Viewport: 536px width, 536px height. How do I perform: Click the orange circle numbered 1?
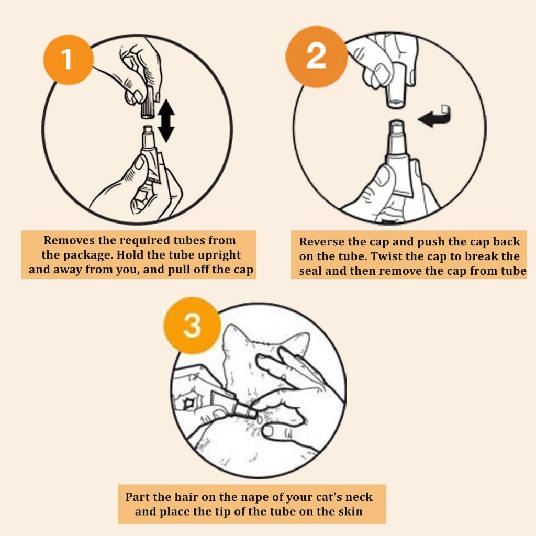pos(69,60)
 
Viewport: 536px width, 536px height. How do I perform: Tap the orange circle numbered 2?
pos(317,57)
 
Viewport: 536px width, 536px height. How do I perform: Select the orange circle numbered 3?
pos(192,325)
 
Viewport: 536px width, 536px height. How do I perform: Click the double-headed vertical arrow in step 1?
pos(166,121)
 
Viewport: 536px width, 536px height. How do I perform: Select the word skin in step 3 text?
pos(350,511)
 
